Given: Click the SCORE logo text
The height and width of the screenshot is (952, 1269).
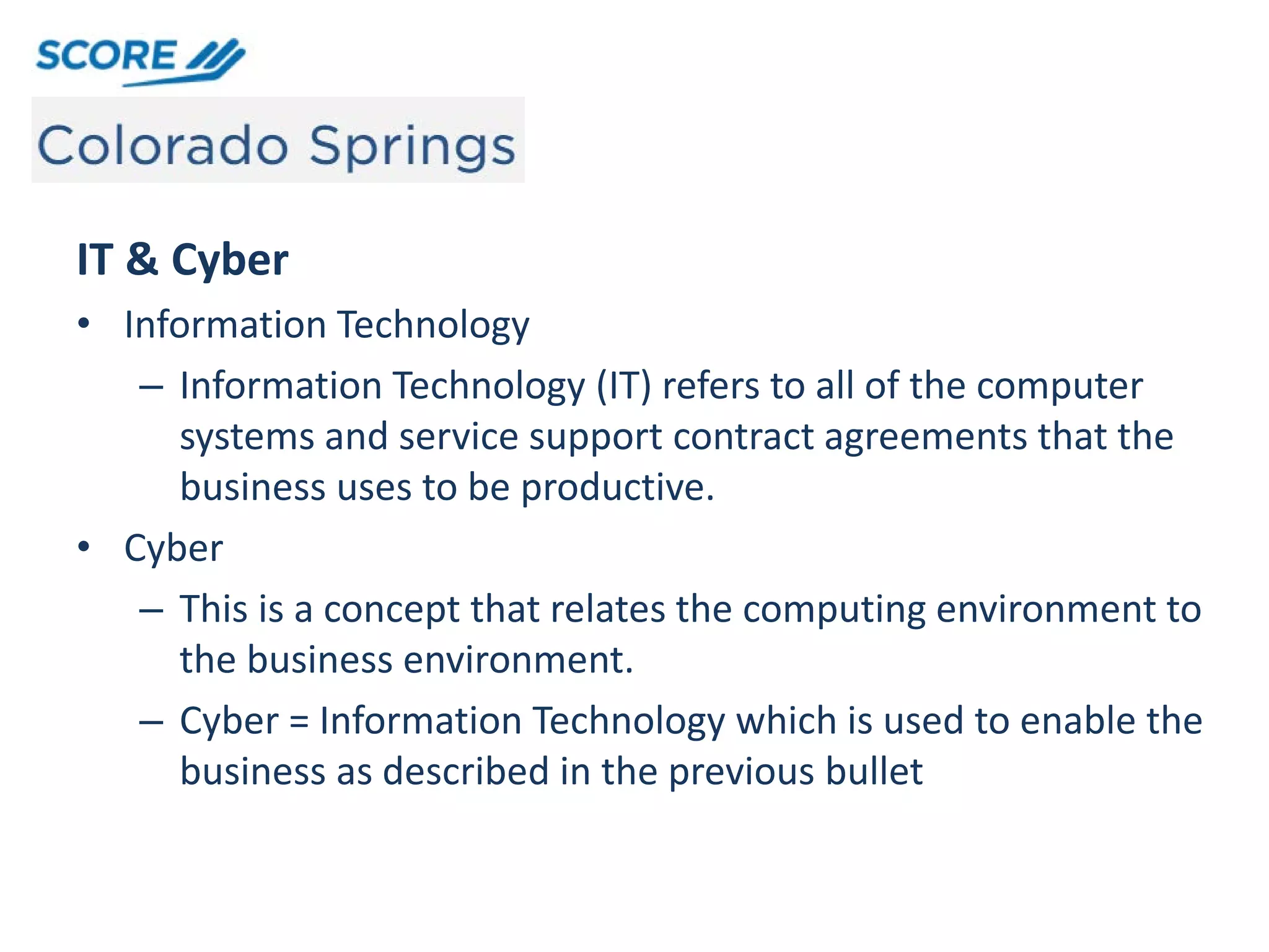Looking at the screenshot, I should click(x=107, y=56).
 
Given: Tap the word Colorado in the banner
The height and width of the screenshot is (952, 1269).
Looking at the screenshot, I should click(x=163, y=146).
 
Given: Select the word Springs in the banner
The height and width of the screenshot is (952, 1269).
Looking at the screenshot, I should click(x=412, y=148).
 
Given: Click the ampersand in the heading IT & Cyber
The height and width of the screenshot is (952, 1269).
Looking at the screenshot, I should click(x=142, y=259).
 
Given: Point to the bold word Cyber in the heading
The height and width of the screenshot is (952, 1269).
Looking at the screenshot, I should click(x=230, y=261).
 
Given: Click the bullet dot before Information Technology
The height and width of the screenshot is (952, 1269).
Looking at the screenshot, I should click(x=84, y=324).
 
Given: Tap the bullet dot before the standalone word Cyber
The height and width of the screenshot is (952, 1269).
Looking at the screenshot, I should click(x=84, y=547).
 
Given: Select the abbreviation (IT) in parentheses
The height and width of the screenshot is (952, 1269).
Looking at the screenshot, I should click(x=624, y=386).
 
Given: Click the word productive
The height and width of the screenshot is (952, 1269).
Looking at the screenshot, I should click(x=617, y=487).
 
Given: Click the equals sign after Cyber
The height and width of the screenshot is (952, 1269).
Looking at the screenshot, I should click(x=299, y=721).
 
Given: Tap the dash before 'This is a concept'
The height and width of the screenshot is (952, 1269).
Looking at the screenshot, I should click(x=151, y=610).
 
